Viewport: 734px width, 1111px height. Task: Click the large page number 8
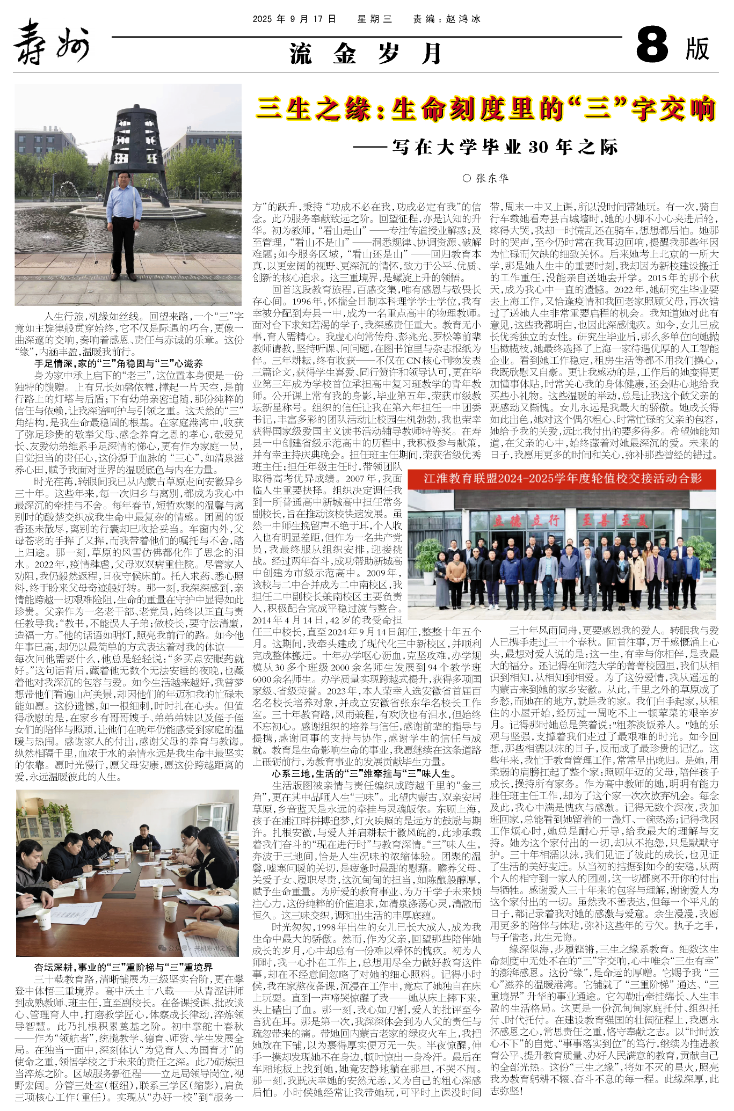pos(652,46)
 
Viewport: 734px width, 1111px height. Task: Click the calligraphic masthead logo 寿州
pos(51,42)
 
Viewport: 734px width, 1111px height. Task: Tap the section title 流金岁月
pos(366,54)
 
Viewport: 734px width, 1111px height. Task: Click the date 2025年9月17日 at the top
pos(294,19)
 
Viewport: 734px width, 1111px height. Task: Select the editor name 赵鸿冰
pos(463,19)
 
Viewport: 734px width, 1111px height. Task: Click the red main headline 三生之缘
pos(486,109)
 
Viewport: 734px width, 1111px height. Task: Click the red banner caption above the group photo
pos(562,478)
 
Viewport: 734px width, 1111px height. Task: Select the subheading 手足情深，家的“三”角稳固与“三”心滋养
pos(119,363)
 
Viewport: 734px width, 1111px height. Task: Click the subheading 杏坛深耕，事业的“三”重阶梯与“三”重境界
pos(123,967)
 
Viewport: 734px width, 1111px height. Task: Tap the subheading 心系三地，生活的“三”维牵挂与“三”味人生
pos(364,773)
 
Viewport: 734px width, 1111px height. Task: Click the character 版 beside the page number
pos(697,48)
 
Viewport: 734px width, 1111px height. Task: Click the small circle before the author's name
pos(467,178)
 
